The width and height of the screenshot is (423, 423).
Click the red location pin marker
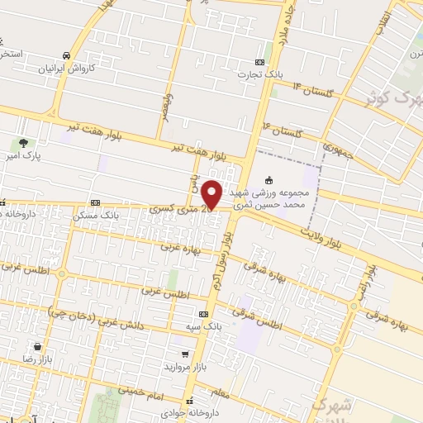coord(212,194)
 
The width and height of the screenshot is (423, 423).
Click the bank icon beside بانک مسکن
coord(96,203)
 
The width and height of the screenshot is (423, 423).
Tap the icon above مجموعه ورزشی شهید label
coord(269,179)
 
